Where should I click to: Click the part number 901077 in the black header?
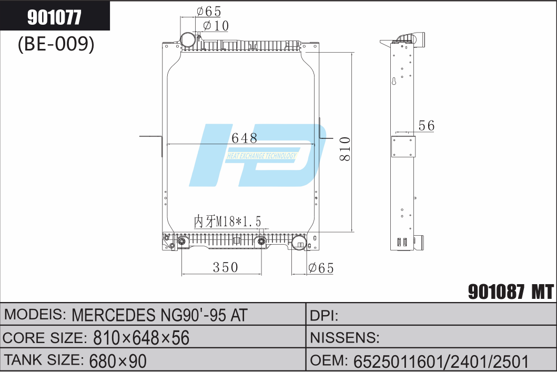click(x=54, y=17)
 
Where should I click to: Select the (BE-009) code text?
click(x=56, y=45)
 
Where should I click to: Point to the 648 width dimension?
click(x=244, y=138)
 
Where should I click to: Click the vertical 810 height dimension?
click(x=345, y=149)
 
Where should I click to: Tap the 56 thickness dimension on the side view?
click(x=426, y=126)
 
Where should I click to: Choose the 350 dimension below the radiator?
click(x=225, y=267)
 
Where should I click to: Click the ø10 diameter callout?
click(x=216, y=25)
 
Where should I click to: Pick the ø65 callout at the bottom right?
click(x=321, y=268)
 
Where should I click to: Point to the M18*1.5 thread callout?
click(x=228, y=221)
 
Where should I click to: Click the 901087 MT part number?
click(x=510, y=291)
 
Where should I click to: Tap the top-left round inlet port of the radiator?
click(x=188, y=39)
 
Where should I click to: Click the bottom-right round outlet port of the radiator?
click(x=299, y=243)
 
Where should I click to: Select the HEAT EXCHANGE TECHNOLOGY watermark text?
click(x=261, y=156)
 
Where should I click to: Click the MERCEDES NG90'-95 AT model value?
click(x=159, y=315)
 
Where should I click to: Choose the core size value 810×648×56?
click(x=141, y=338)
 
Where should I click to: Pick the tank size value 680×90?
click(x=118, y=360)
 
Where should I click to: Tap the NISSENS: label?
click(x=345, y=338)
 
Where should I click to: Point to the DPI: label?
click(x=324, y=315)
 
